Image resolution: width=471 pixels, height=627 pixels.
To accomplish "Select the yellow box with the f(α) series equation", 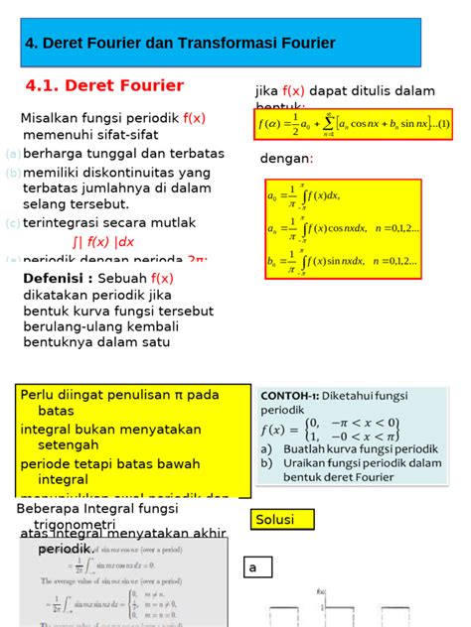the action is click(353, 125).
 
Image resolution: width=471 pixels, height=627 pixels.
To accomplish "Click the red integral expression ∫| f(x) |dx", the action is click(103, 241).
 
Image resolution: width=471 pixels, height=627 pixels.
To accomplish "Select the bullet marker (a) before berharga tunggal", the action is click(12, 154).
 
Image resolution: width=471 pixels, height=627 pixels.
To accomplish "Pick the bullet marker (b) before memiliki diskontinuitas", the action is click(12, 173).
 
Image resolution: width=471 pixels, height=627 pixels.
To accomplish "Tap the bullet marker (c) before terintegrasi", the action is click(12, 223).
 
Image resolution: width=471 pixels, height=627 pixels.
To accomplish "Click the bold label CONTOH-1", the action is click(289, 394).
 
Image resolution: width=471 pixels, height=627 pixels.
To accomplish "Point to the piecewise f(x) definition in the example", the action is click(329, 429).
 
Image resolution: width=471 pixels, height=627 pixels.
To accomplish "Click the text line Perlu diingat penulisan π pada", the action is click(119, 395).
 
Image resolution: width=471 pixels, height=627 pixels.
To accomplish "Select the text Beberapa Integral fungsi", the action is click(95, 508).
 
